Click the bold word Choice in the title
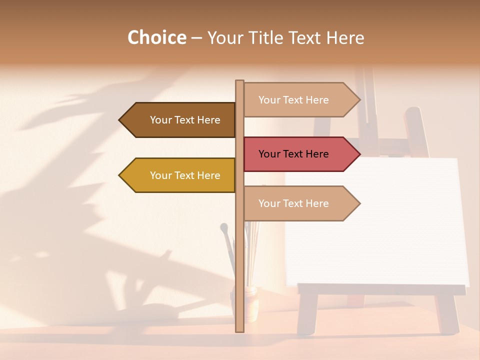pos(156,37)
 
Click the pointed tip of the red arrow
pos(358,154)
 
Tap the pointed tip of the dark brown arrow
pos(120,120)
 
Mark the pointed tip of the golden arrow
pos(120,175)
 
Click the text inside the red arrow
pos(293,154)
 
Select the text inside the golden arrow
pos(185,175)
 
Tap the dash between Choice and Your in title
pos(196,38)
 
